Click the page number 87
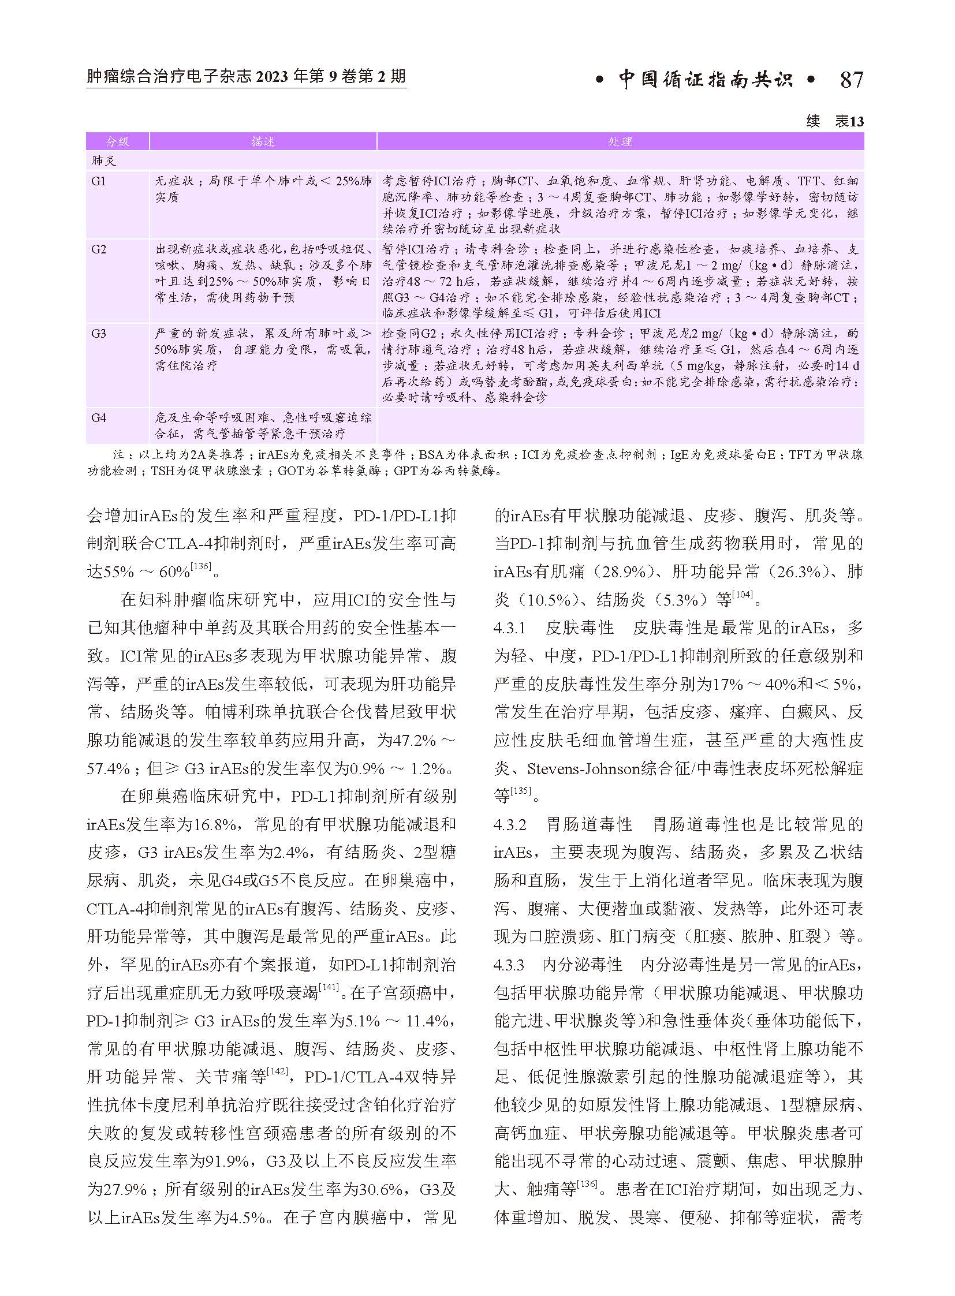(x=851, y=79)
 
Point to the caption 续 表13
(x=835, y=122)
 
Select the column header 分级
(x=117, y=141)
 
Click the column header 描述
(x=263, y=141)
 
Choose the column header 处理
(x=620, y=141)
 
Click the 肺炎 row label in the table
(x=104, y=160)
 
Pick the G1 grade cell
(x=99, y=181)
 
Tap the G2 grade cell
(x=99, y=250)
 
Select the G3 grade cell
(x=99, y=334)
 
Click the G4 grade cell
(x=99, y=417)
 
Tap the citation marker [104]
(x=743, y=595)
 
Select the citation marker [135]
(x=520, y=790)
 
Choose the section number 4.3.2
(x=510, y=825)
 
